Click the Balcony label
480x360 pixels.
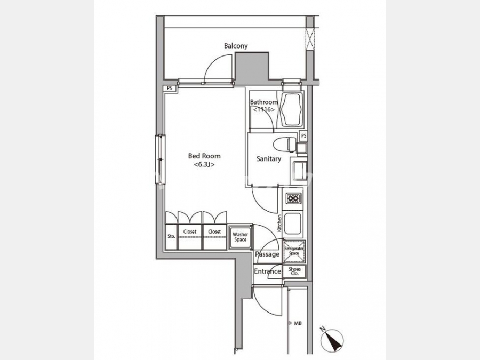[236, 46]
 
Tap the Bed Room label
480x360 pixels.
[204, 156]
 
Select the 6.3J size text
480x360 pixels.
[204, 164]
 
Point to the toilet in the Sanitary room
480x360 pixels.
[285, 145]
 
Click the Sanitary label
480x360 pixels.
[268, 158]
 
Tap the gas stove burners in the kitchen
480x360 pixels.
[293, 199]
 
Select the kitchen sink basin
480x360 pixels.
[293, 223]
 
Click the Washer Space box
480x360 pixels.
[241, 237]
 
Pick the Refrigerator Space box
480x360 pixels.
[294, 251]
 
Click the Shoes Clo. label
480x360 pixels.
[294, 271]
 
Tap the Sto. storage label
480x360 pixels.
[171, 236]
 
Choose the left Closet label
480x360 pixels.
[190, 232]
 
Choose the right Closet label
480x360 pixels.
[214, 232]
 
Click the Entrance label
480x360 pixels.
[268, 271]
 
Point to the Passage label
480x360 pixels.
[267, 254]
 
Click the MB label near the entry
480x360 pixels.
[298, 323]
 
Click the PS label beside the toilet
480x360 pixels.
[303, 135]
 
